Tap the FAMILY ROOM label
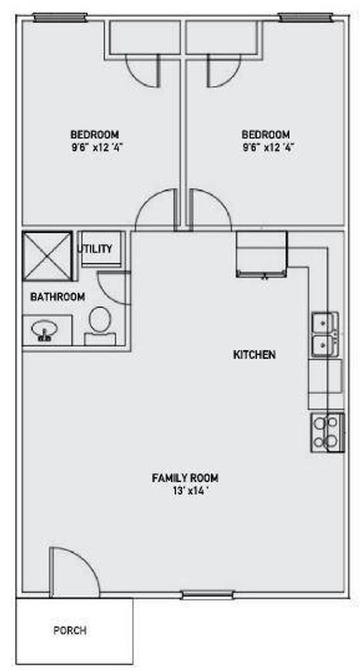186,478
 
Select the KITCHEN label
254,355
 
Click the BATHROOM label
57,297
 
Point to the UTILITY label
95,248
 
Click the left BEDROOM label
94,134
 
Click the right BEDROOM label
266,134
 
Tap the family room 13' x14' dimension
190,491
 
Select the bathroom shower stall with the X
47,256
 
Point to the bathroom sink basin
44,330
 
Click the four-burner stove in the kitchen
327,432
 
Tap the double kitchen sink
325,334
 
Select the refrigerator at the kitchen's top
262,254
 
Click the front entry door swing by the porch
75,571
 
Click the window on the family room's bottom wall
208,595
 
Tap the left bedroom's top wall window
60,18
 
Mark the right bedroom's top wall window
305,18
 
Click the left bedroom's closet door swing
142,71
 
